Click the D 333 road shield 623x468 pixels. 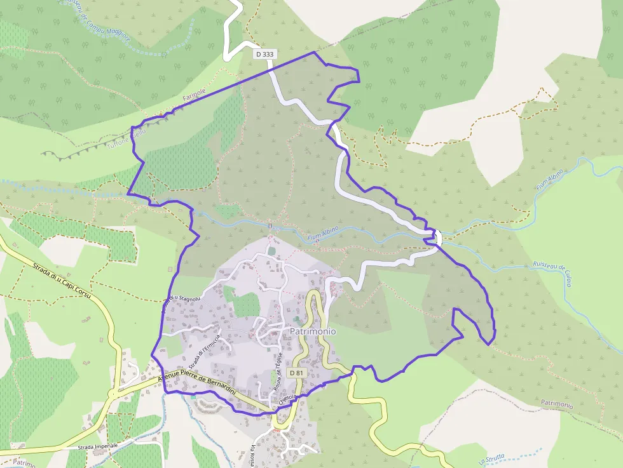point(264,55)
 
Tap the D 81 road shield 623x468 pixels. point(296,373)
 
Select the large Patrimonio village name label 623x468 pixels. point(313,331)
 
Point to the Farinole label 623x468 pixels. point(194,98)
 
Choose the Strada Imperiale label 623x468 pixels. point(98,446)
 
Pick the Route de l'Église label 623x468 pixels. point(277,370)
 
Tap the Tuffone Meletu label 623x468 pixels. point(127,139)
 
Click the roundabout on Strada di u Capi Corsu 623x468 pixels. point(114,394)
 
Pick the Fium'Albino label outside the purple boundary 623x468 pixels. point(551,180)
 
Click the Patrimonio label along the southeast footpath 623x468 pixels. point(557,404)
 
